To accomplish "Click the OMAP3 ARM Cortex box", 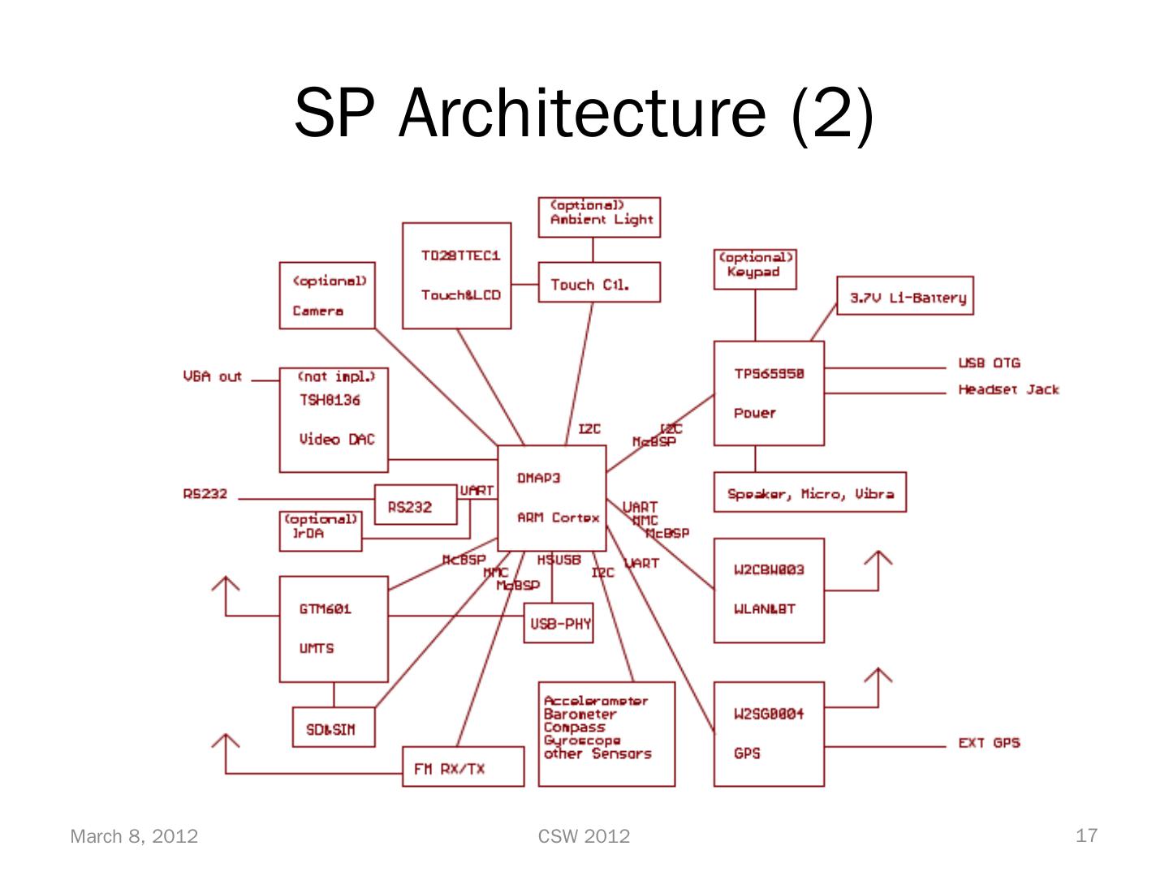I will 551,496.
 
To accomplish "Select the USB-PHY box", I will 559,623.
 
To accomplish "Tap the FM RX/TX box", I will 463,766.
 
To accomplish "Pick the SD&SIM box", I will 330,728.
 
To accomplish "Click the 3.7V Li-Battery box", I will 905,296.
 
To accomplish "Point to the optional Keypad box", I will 755,269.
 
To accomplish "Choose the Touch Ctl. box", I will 599,283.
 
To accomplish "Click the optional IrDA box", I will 321,531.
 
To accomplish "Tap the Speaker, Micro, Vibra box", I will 809,492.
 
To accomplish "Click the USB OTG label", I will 989,363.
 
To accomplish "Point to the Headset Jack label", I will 1008,389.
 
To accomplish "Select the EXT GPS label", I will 989,742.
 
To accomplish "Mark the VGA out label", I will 213,376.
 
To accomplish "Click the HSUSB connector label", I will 559,560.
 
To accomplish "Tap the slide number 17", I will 1086,835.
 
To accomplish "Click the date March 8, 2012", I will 134,836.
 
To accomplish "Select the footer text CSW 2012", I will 584,836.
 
